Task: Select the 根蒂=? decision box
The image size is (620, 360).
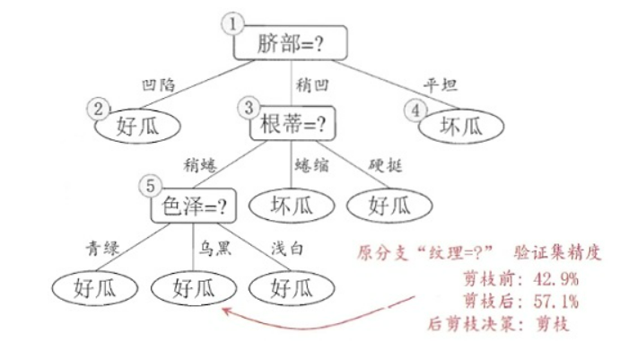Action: pos(293,121)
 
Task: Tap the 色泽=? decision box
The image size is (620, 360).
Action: pos(192,206)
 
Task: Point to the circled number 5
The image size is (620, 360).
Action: pos(150,186)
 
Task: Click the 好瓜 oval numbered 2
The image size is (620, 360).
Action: pos(138,125)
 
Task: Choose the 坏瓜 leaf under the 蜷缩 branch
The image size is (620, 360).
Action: pos(293,206)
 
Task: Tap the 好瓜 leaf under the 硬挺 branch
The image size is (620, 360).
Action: pos(389,206)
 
